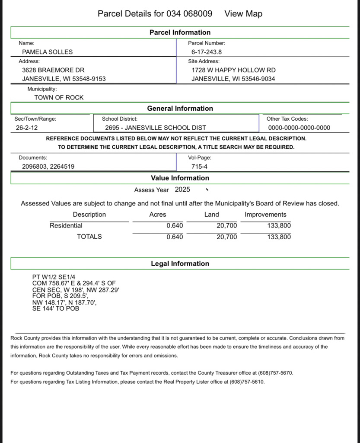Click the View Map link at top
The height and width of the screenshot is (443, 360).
[243, 14]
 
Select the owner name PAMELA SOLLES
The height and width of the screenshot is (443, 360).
[48, 52]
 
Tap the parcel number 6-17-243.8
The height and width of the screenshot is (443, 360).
[207, 52]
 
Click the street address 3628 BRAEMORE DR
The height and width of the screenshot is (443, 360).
[53, 70]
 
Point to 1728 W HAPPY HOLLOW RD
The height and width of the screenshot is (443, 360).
[233, 70]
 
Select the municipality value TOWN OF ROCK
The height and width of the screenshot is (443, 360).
[59, 98]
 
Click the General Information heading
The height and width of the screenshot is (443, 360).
[180, 109]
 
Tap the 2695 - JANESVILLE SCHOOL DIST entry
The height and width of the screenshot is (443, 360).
[156, 128]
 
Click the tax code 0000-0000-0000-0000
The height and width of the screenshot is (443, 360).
[299, 128]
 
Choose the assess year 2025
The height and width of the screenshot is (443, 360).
[182, 189]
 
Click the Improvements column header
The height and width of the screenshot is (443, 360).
[265, 215]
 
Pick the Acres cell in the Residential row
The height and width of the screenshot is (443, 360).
[175, 226]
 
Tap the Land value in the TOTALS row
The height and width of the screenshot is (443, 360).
[226, 237]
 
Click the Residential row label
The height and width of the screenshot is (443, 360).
[66, 226]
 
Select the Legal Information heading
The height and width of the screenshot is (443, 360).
[180, 264]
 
